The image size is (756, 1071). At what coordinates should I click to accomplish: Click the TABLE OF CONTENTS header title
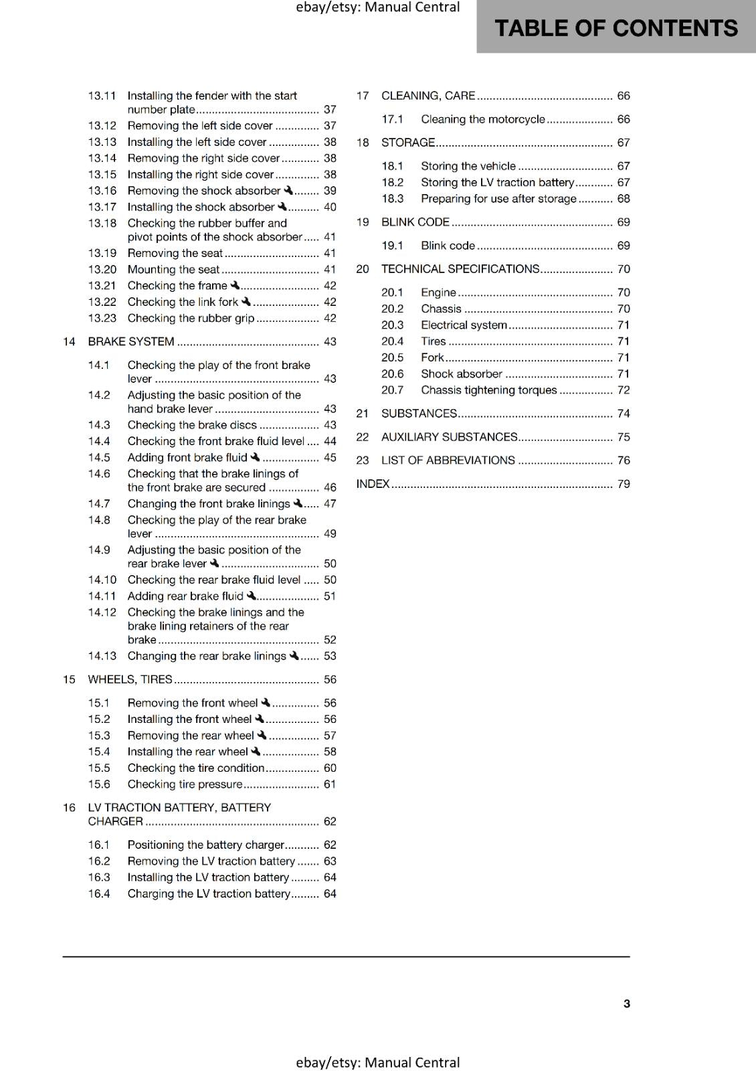[616, 28]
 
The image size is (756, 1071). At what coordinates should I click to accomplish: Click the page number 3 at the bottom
[626, 1003]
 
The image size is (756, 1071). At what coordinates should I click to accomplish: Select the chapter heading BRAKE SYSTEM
[131, 342]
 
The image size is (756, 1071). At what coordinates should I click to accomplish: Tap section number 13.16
[102, 191]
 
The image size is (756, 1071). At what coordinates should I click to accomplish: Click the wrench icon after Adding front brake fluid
[255, 457]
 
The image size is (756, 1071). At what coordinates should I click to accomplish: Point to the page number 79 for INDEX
[624, 484]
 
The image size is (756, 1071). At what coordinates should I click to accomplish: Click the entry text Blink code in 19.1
[448, 246]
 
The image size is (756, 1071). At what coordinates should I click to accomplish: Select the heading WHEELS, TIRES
[130, 679]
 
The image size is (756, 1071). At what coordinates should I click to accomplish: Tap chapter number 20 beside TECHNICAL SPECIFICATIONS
[363, 269]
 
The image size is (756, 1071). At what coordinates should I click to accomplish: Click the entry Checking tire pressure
[185, 785]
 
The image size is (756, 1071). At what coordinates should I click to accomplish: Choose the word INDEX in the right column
[373, 484]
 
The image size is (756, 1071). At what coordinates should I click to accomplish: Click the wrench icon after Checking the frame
[235, 285]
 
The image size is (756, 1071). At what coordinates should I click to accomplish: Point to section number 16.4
[99, 894]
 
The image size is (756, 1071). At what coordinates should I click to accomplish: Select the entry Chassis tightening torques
[488, 390]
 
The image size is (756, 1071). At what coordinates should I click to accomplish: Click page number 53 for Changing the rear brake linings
[330, 656]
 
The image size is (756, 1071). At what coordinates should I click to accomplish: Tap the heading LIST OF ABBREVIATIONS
[448, 461]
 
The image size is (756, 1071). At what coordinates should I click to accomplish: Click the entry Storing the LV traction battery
[497, 183]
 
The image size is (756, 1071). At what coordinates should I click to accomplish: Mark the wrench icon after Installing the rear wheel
[256, 751]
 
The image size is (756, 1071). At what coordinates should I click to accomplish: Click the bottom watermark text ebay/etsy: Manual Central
[378, 1062]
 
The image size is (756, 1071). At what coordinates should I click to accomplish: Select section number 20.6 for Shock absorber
[393, 374]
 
